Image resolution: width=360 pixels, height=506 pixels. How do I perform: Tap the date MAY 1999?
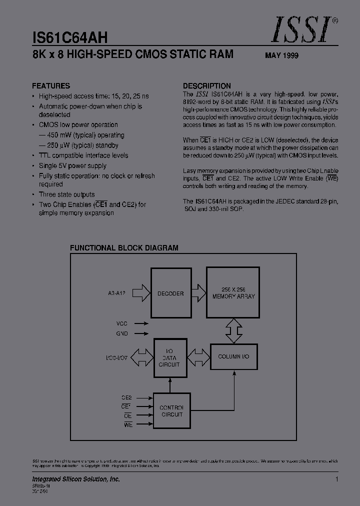(x=281, y=56)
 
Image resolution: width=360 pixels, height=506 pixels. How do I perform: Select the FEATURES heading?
(x=51, y=85)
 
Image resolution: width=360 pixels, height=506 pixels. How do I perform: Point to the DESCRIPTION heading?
(x=207, y=85)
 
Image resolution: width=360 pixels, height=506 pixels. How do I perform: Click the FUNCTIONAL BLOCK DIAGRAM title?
(x=124, y=248)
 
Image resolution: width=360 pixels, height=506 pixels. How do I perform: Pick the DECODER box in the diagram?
(x=170, y=293)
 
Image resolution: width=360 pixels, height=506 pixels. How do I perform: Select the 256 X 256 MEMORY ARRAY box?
(x=233, y=293)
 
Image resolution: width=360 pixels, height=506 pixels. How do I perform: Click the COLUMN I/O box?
(x=233, y=357)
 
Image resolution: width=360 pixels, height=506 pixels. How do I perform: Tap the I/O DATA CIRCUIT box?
(x=169, y=358)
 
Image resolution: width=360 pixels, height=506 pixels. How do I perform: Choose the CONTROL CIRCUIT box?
(x=171, y=411)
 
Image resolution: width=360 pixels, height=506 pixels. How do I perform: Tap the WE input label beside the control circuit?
(x=127, y=424)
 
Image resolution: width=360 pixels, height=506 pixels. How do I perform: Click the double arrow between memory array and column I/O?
(x=233, y=330)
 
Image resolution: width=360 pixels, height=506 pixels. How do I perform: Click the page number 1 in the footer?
(x=337, y=479)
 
